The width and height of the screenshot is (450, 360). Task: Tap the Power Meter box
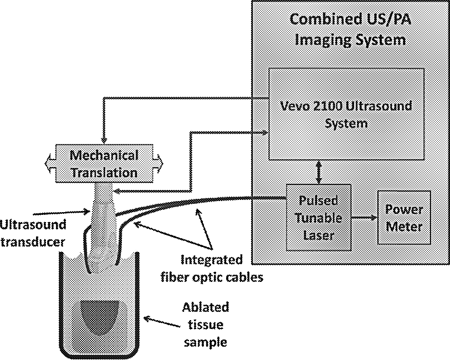[403, 218]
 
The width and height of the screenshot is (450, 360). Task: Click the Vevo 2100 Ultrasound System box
[346, 114]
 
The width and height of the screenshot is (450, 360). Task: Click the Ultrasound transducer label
[33, 232]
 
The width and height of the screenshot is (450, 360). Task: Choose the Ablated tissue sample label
[205, 325]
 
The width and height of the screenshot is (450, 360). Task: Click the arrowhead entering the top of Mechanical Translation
[104, 140]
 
